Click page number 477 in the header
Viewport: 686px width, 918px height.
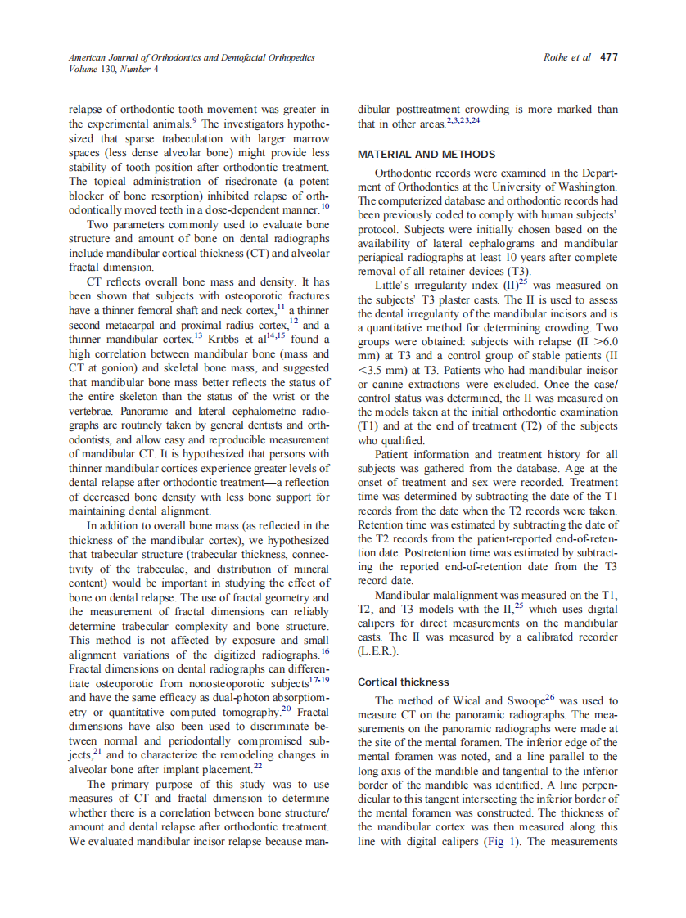609,58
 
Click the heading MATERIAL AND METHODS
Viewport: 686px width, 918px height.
426,154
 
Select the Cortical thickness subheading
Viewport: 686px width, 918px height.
404,682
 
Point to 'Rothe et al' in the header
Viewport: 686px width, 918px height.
566,58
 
